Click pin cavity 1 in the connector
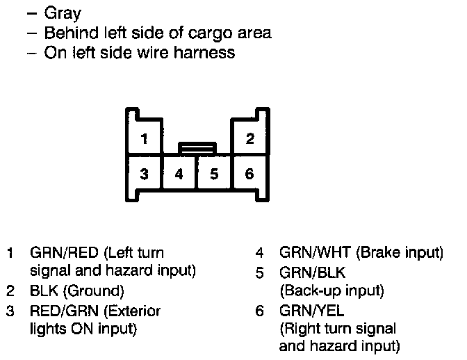click(144, 138)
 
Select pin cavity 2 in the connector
click(249, 138)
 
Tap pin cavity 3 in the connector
click(144, 174)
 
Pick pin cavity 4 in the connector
click(179, 174)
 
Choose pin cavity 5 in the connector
click(214, 174)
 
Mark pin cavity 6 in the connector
click(249, 174)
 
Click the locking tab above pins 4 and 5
click(197, 147)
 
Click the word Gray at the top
click(63, 13)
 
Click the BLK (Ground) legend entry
click(76, 291)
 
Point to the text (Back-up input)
click(331, 291)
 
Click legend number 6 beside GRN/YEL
click(259, 311)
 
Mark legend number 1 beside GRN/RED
click(10, 252)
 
